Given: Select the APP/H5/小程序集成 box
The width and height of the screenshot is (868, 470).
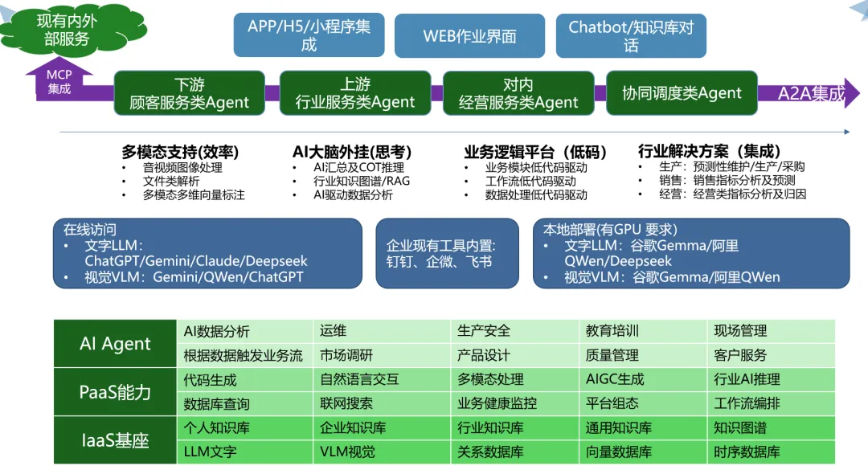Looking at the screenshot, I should coord(309,35).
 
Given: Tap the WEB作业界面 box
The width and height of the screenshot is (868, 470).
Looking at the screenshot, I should coord(469,36).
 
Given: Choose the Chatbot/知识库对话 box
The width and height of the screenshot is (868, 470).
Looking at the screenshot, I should coord(631,36).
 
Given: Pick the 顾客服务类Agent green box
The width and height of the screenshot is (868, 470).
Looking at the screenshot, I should coord(189,93).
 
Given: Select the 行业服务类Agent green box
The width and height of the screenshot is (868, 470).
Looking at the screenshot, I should coord(354,93).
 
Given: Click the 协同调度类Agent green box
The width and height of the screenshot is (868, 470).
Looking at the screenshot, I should coord(682,93).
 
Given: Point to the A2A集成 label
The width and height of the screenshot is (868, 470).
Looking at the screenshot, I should coord(811,93).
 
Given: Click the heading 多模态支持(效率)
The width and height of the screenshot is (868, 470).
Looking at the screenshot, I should coord(180,152).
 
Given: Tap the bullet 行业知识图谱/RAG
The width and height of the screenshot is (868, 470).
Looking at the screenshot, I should coord(361,181).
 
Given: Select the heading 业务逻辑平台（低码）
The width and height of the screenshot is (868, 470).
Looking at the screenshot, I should coord(535,152).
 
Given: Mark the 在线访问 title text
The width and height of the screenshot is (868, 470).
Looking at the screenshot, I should coord(90,229).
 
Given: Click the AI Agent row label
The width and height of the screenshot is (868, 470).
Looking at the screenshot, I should coord(115,344).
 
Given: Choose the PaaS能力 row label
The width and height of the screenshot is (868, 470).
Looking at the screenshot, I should coord(115,392).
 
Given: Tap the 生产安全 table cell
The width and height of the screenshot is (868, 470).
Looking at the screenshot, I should coord(484,331).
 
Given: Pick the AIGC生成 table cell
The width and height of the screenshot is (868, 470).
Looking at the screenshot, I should coord(615,379).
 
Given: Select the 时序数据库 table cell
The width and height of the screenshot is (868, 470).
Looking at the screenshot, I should coord(747,452).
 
